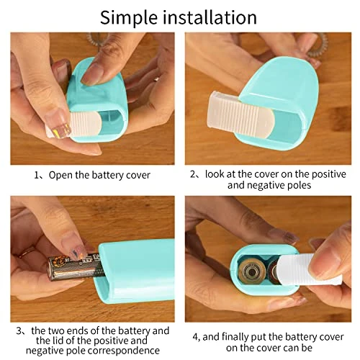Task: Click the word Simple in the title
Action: pos(129,18)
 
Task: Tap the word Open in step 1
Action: pos(60,176)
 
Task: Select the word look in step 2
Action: pos(215,174)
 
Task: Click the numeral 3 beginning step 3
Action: pos(19,330)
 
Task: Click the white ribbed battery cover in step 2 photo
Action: pos(239,112)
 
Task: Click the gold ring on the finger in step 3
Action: pos(27,253)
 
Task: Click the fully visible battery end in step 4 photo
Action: pos(251,272)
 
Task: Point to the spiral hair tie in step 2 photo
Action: pos(317,45)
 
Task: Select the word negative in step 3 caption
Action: pos(41,351)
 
